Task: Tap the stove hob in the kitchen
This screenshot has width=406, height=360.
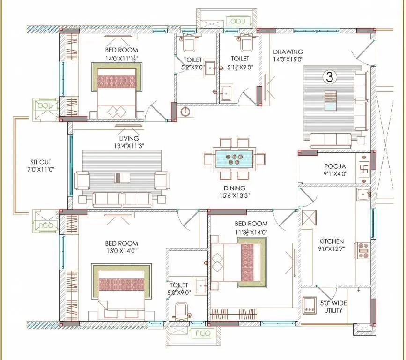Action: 363,250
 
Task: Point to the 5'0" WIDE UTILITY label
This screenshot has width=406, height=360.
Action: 333,307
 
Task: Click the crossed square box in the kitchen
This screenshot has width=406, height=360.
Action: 310,218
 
